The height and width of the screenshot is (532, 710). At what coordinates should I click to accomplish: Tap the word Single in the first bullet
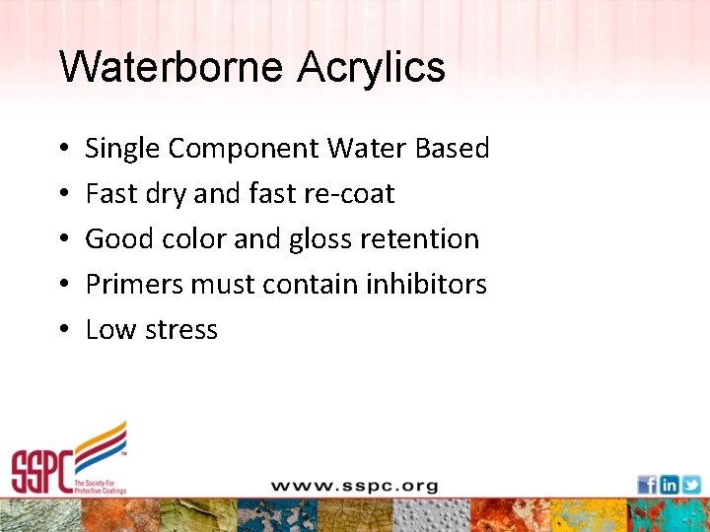coord(123,149)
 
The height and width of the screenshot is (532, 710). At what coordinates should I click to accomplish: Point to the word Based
coord(452,148)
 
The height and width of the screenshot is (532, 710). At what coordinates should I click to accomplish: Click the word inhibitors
coord(426,284)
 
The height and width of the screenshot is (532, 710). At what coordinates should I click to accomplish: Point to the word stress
coord(184,330)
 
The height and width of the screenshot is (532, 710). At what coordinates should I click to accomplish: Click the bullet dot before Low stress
coord(63,330)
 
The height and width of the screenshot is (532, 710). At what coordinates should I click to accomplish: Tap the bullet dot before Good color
coord(63,239)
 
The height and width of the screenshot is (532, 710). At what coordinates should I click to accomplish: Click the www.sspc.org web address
coord(354,486)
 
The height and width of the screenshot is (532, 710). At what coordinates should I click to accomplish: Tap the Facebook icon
coord(647,485)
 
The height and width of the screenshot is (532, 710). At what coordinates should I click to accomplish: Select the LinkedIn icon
coord(669,485)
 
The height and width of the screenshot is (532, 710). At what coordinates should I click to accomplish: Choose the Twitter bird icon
coord(690,485)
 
